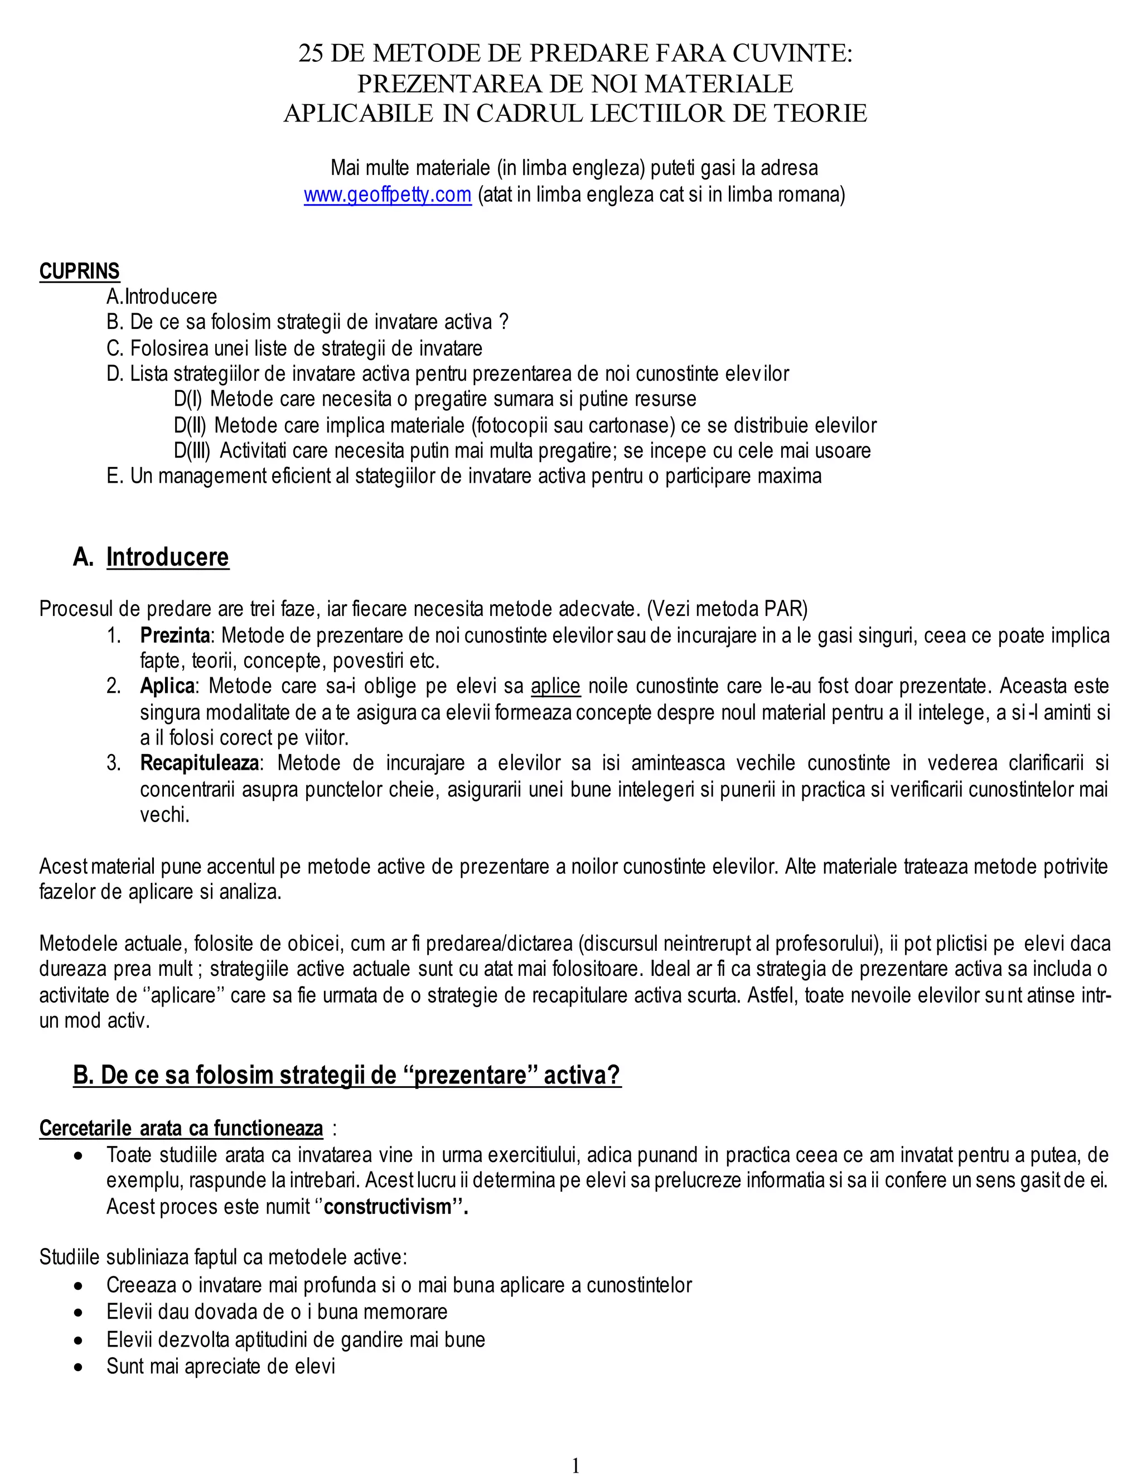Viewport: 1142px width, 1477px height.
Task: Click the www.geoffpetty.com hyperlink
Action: tap(387, 195)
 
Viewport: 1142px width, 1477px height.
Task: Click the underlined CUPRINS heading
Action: tap(79, 271)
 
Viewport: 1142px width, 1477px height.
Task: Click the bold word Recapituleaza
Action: tap(199, 764)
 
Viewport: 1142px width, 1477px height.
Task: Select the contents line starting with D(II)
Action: tap(524, 425)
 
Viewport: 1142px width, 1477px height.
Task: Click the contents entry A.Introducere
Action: tap(162, 296)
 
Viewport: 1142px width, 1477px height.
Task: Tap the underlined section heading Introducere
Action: tap(167, 557)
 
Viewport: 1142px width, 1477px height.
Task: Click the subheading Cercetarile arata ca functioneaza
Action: tap(181, 1129)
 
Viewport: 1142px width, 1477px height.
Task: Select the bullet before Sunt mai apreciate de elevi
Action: tap(80, 1367)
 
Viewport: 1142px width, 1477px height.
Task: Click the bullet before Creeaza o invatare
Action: tap(80, 1286)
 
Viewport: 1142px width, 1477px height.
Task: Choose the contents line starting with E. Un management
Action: tap(463, 476)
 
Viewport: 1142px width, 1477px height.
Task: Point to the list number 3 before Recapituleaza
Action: tap(114, 764)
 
